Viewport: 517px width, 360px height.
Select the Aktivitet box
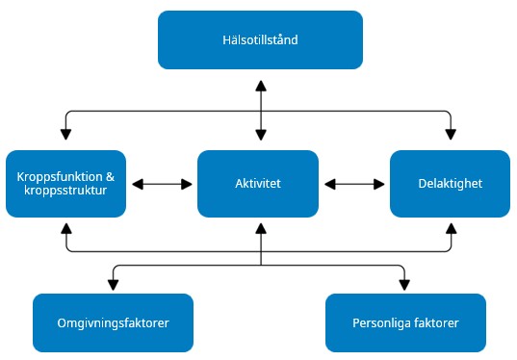(258, 183)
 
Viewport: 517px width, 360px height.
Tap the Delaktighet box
(450, 183)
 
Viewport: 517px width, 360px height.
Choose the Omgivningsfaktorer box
(114, 322)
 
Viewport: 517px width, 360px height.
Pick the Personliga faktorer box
(405, 322)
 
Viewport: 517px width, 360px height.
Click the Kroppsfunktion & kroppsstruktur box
(65, 183)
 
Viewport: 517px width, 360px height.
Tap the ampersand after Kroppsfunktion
(110, 176)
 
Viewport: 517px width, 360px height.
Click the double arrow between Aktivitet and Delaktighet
(354, 183)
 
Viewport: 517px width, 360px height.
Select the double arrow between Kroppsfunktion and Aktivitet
(162, 183)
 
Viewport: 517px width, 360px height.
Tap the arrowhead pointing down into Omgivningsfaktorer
(114, 284)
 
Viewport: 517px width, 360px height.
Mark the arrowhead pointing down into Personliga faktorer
(403, 284)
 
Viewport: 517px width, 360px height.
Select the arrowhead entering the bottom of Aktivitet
(258, 227)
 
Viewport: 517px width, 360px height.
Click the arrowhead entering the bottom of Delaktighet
(450, 227)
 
